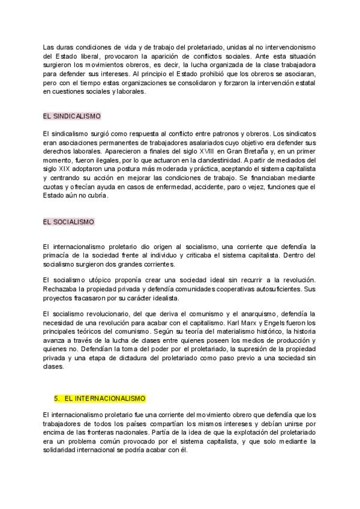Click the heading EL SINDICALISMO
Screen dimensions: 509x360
click(72, 116)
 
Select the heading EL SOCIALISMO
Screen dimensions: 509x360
click(69, 221)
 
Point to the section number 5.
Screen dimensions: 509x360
click(57, 398)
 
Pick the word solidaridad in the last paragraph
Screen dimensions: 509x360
click(62, 450)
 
